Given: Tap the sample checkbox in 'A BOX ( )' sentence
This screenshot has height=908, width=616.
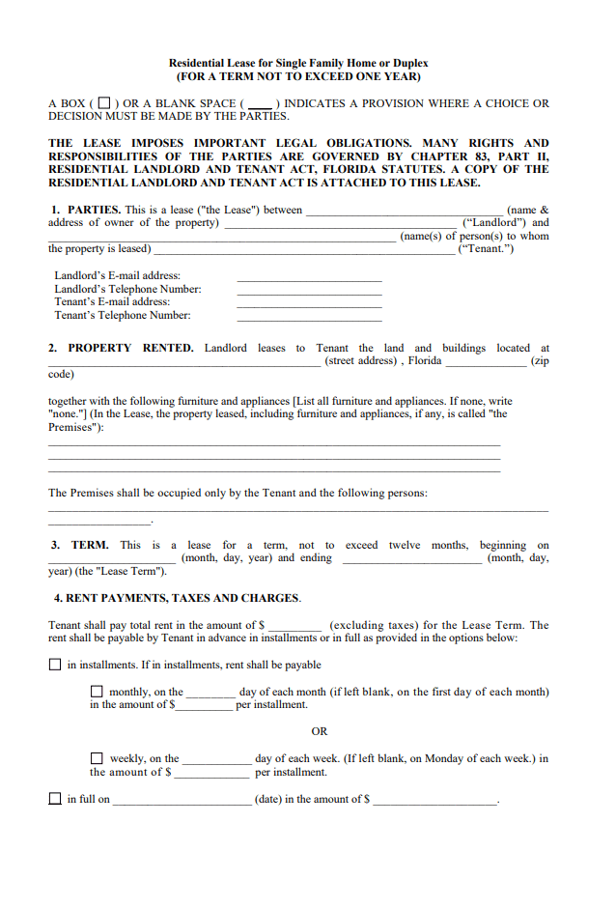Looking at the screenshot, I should pos(103,103).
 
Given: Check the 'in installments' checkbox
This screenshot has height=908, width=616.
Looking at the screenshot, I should pos(55,665).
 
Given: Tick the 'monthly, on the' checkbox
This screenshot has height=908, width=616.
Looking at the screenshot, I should pos(97,692).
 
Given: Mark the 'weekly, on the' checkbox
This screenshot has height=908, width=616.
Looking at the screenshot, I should pos(97,758).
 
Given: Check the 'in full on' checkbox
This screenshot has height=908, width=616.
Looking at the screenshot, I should pos(55,799).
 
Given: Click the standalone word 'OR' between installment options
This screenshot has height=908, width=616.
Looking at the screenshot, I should pos(320,731).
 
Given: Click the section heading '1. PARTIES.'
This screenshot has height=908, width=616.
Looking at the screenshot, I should pos(86,210).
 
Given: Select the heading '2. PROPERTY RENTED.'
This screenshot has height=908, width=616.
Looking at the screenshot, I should pos(122,348).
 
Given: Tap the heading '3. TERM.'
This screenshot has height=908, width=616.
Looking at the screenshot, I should pos(80,545).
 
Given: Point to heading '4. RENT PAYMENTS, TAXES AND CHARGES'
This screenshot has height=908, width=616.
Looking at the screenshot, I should pos(177,598).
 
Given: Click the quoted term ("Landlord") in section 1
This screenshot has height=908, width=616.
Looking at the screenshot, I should pos(494,222).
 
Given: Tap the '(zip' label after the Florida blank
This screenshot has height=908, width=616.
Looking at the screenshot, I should pos(540,360).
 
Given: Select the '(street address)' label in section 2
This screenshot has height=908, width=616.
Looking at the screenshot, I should pos(360,360).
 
